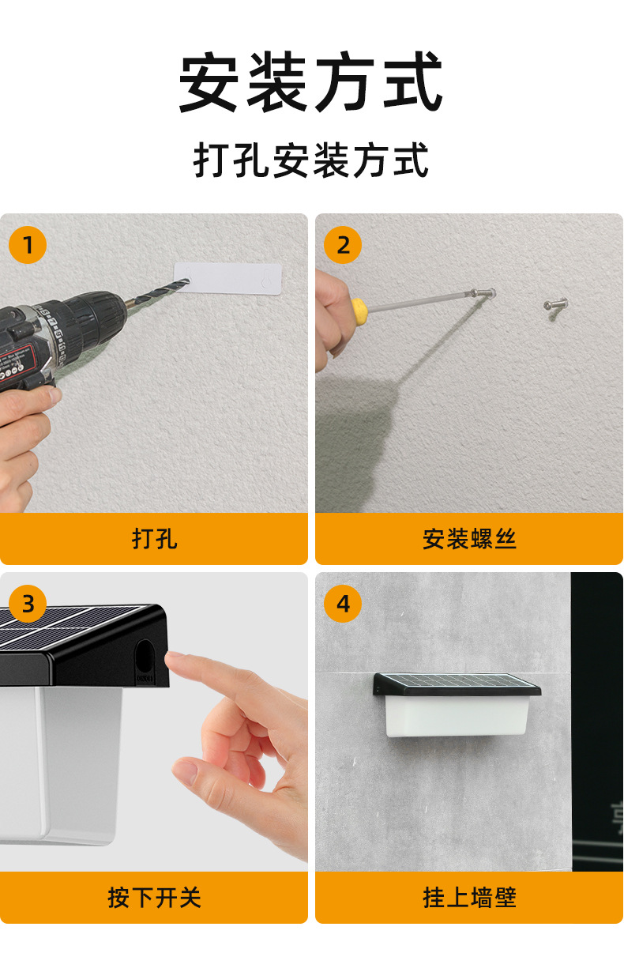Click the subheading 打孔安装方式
(x=311, y=160)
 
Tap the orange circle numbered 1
(x=28, y=245)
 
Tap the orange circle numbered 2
(x=343, y=245)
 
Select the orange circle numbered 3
(x=28, y=604)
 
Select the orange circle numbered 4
(x=343, y=604)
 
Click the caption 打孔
(x=154, y=539)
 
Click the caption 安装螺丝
(x=469, y=539)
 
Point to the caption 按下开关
(x=154, y=898)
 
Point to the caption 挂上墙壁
(x=469, y=898)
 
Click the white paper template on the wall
(x=228, y=278)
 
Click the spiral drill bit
(x=157, y=291)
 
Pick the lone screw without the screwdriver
(x=555, y=304)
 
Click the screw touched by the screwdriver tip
(x=484, y=292)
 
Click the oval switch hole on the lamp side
(x=145, y=656)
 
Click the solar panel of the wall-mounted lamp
(x=457, y=684)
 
